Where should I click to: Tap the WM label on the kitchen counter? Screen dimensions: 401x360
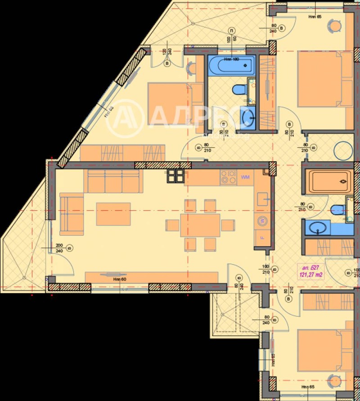click(x=245, y=177)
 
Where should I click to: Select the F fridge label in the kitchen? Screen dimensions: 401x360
click(x=262, y=237)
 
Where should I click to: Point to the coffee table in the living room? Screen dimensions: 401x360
click(x=113, y=214)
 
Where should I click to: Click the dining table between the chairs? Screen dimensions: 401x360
click(x=200, y=225)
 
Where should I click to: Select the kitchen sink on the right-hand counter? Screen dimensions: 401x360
click(x=263, y=198)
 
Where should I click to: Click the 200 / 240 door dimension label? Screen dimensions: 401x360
click(x=59, y=248)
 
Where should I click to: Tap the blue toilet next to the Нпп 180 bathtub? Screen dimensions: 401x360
click(x=238, y=90)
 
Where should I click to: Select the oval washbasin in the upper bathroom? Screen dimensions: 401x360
click(x=247, y=118)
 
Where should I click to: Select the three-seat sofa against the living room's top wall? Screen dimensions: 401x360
click(x=113, y=181)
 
